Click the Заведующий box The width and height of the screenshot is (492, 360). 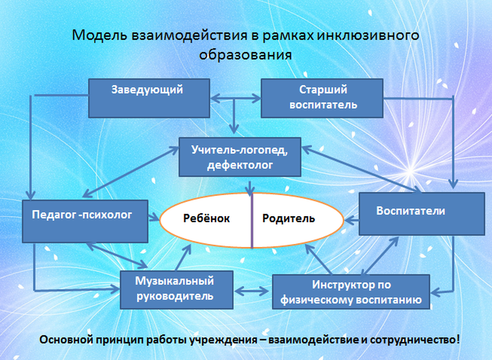149,98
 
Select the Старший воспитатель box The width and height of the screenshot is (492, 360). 322,98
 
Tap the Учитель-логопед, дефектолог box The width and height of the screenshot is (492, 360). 240,157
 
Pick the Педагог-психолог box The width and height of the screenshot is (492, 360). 85,221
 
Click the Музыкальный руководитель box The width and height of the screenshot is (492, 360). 176,289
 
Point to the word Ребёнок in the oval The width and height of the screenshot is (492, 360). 207,219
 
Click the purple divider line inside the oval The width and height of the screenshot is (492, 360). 252,226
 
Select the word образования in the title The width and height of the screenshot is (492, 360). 246,54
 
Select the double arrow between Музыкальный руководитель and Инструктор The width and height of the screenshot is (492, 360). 253,291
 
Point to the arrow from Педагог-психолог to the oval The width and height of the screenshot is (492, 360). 154,219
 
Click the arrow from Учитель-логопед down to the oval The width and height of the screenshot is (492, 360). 249,186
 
